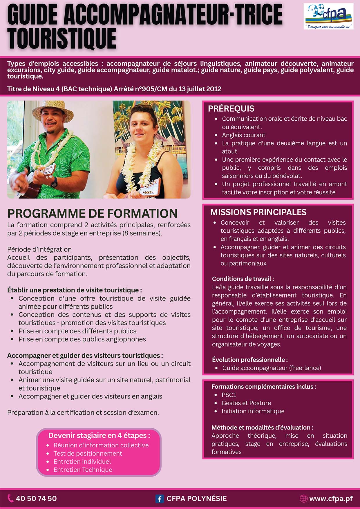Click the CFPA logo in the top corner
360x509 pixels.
coord(328,16)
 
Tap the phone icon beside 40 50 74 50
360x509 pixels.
coord(11,498)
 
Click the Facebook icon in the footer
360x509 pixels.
coord(159,499)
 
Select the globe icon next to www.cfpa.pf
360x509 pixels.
coord(303,499)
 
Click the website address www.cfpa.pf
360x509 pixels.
coord(331,499)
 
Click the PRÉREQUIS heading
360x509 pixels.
coord(231,109)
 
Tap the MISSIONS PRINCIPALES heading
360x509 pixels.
coord(258,212)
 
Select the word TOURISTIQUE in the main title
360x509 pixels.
coord(62,39)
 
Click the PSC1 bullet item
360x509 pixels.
coord(229,395)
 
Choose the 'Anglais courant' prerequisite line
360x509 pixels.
coord(244,135)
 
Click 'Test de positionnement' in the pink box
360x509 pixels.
coord(88,453)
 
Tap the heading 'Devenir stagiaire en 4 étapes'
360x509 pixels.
coord(99,435)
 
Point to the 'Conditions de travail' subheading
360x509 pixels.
coord(243,279)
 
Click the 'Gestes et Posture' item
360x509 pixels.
coord(246,403)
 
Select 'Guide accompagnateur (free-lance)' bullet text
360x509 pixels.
coord(272,368)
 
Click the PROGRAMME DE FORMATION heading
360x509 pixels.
coord(92,213)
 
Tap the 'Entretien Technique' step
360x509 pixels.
coord(83,470)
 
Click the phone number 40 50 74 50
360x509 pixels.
coord(36,499)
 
